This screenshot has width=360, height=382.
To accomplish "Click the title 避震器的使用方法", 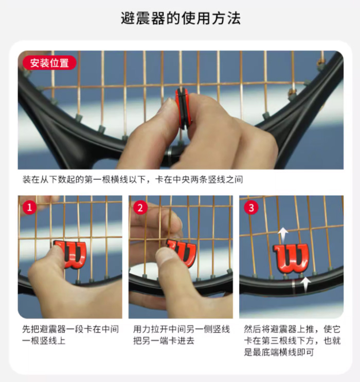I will tap(180, 19).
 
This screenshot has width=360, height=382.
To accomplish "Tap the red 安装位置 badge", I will tap(49, 63).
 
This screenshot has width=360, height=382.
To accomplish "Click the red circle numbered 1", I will tap(30, 207).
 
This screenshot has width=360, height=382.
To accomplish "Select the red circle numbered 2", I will tap(140, 207).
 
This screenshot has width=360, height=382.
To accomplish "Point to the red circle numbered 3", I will tap(251, 207).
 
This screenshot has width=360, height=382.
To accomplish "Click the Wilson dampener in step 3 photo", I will tap(291, 256).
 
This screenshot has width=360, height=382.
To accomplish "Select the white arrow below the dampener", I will tap(307, 284).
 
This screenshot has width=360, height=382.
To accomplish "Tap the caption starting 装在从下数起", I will tap(132, 180).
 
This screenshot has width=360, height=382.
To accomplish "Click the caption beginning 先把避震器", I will tap(70, 335).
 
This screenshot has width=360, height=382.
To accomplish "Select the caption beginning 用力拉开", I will tap(181, 335).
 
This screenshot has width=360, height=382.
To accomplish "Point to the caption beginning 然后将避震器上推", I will tap(293, 340).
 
